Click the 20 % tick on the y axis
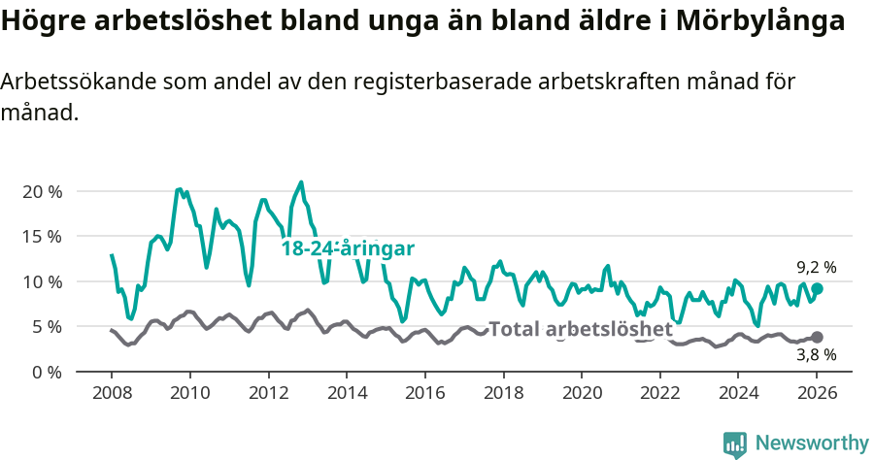pos(42,191)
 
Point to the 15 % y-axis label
pos(42,236)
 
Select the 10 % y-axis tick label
pos(42,281)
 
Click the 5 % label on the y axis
pos(47,326)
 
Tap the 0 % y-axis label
pos(47,372)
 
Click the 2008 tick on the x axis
pos(112,393)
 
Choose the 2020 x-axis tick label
pos(581,393)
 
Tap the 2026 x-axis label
pos(816,393)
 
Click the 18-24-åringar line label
pos(348,248)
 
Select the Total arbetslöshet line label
pos(580,329)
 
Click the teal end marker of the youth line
pos(817,288)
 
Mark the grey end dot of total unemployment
pos(817,337)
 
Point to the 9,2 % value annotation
pos(816,267)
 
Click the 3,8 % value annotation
pos(816,356)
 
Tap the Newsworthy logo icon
pos(735,444)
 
